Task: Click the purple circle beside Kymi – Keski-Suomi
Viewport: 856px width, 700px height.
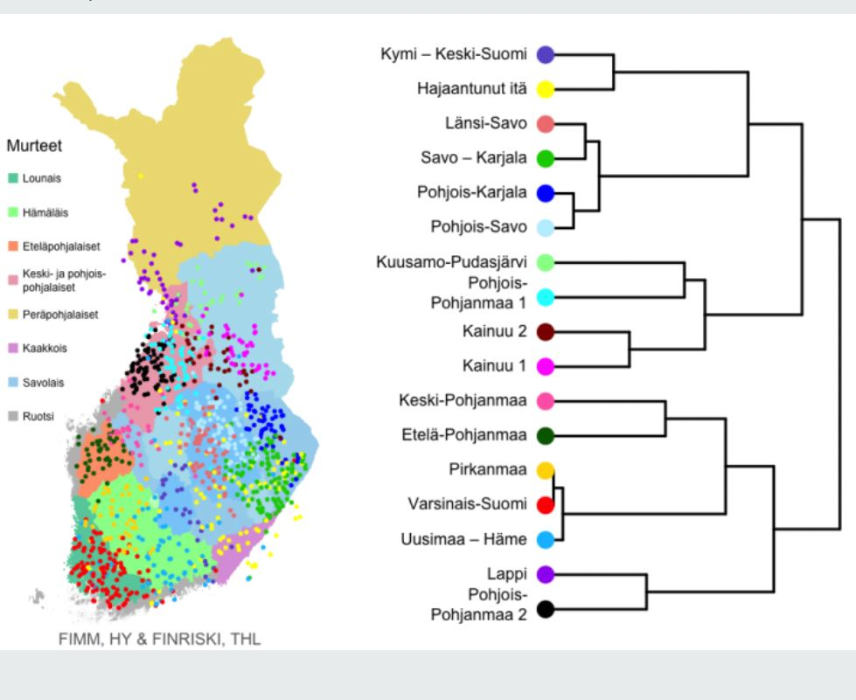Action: [x=546, y=55]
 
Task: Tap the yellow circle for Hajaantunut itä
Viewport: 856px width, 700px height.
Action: [x=546, y=89]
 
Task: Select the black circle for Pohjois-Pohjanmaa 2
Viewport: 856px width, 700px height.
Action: [x=546, y=610]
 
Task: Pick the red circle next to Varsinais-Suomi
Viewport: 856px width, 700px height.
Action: [x=546, y=505]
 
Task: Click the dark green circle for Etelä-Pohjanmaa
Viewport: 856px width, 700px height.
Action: [x=546, y=435]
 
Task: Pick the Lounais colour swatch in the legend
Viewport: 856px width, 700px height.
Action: [x=11, y=178]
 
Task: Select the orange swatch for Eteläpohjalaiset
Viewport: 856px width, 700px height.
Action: [x=11, y=246]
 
